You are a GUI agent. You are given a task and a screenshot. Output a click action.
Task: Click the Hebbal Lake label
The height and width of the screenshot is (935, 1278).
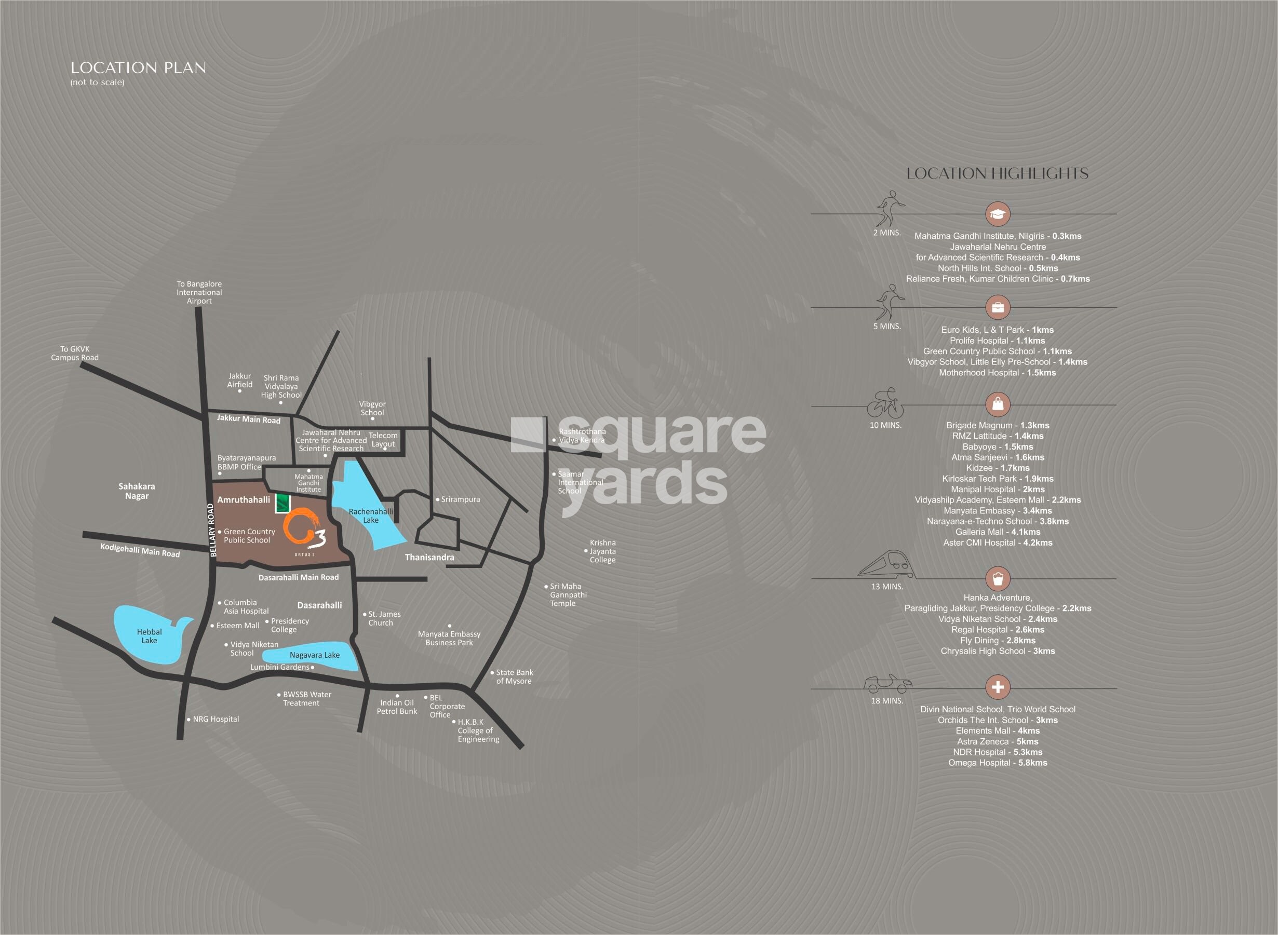coord(149,636)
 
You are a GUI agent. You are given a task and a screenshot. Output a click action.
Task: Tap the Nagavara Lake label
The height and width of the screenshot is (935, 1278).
coord(314,655)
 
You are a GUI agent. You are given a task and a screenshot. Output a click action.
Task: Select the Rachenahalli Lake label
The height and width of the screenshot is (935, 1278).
coord(371,516)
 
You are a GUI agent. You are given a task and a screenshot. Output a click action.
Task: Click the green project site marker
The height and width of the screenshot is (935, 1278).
coord(282,503)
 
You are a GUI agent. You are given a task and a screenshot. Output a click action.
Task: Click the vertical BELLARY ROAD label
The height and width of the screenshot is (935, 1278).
coord(213,531)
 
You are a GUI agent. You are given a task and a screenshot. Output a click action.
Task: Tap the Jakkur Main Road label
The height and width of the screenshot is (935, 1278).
coord(248,419)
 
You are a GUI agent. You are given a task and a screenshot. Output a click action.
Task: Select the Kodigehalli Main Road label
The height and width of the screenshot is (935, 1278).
coord(140,550)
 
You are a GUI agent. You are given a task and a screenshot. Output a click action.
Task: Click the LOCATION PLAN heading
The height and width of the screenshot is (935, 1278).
coord(138,68)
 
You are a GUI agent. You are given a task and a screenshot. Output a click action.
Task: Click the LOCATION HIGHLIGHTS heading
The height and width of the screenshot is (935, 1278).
coord(997,174)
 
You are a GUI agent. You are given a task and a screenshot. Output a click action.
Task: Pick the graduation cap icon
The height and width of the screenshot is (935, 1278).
coord(998,214)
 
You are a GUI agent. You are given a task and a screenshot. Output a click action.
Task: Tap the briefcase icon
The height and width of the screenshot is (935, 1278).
coord(998,307)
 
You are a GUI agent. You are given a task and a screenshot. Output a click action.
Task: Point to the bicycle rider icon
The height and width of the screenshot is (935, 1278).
coord(886,403)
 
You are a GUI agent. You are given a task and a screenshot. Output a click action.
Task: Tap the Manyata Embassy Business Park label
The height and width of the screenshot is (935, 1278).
coord(449,638)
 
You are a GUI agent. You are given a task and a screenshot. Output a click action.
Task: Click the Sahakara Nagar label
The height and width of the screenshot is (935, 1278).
coord(137,491)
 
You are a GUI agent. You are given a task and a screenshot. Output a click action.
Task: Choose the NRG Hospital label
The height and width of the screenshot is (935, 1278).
coord(216,719)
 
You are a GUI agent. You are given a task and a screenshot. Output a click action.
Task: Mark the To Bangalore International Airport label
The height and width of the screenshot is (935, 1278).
coord(199,292)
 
